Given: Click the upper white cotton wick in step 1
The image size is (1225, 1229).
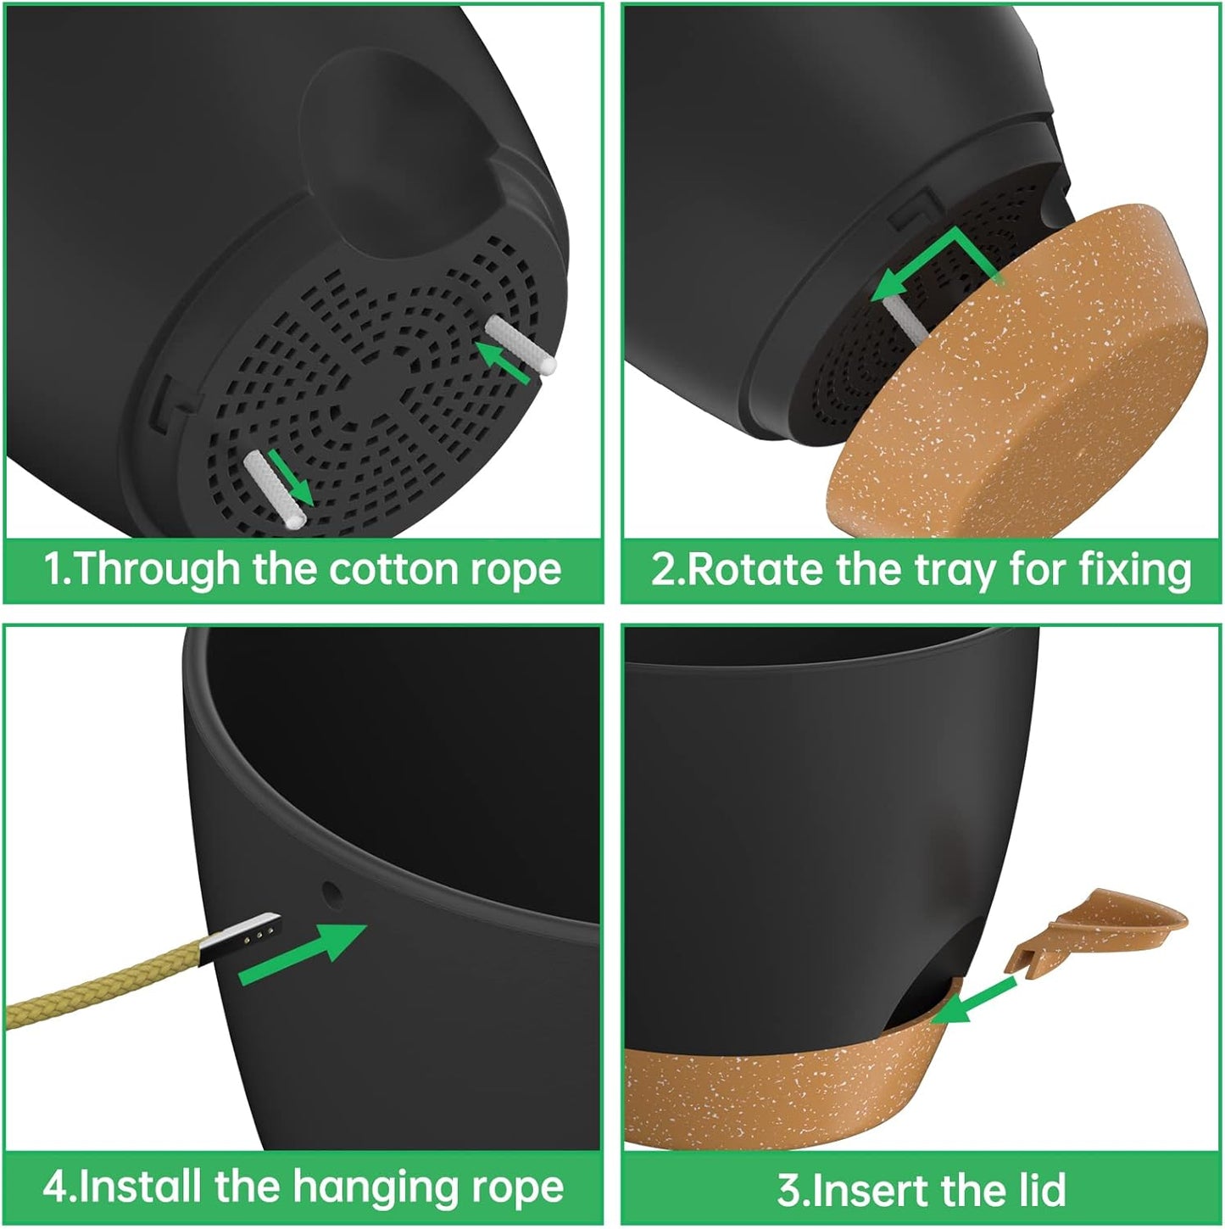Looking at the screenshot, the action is point(521,345).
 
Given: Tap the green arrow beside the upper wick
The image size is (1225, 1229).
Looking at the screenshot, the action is point(503,363).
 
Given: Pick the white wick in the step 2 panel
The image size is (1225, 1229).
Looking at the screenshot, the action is point(905,318).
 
